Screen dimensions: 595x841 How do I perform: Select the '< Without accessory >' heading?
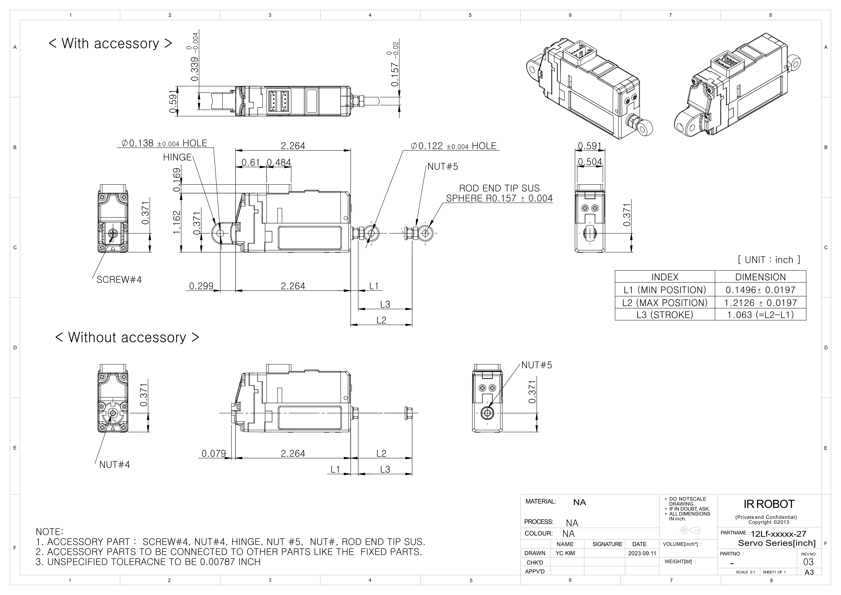click(127, 337)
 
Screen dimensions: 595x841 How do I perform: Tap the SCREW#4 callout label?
click(119, 280)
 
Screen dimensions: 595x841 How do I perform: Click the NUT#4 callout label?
click(115, 465)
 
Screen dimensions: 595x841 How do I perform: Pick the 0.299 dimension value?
click(201, 286)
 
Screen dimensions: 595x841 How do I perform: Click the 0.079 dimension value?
click(214, 454)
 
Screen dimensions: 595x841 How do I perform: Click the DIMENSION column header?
click(760, 277)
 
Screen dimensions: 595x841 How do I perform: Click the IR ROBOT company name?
click(769, 504)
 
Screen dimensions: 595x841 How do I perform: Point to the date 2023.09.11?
click(642, 553)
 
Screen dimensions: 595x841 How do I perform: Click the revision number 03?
click(808, 562)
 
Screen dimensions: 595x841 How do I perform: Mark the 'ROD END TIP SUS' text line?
click(499, 188)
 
